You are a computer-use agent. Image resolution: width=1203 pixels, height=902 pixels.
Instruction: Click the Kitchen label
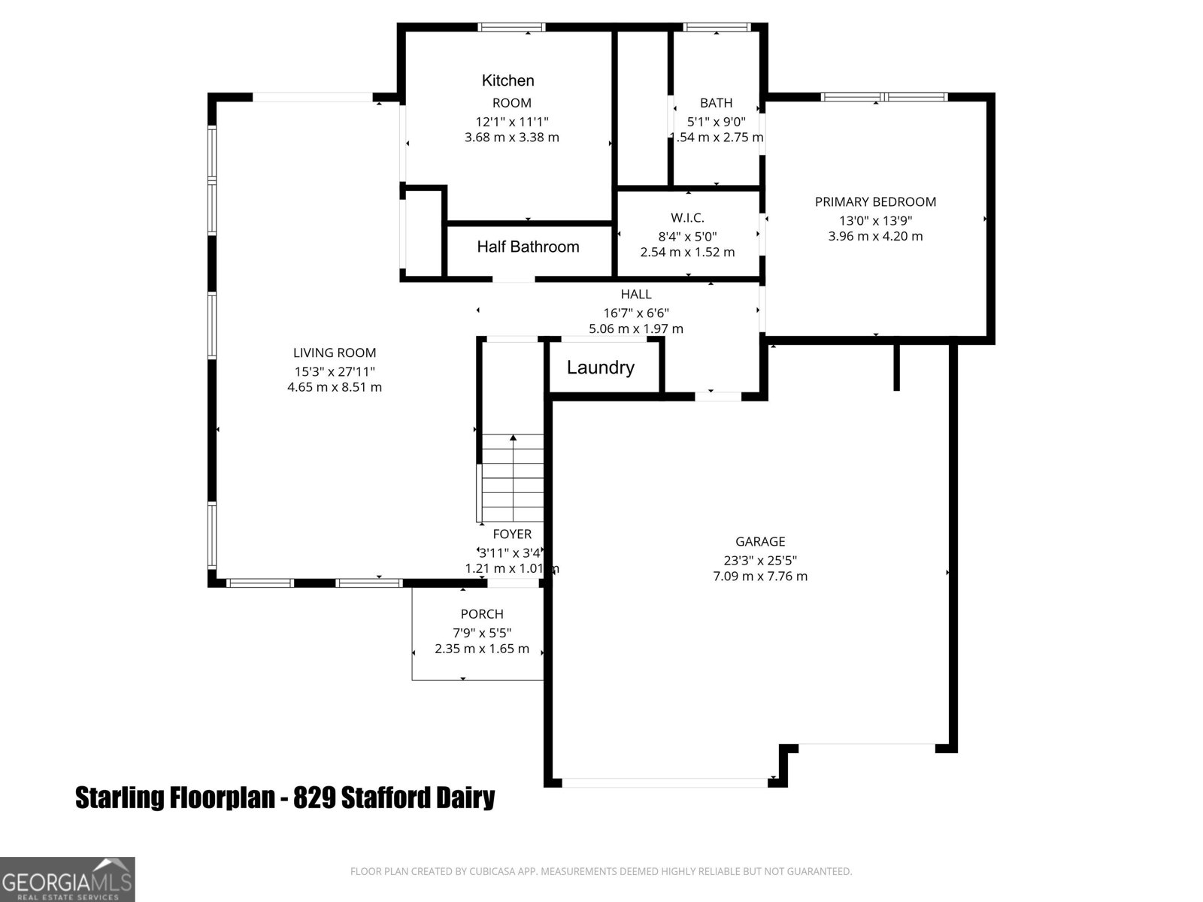(508, 80)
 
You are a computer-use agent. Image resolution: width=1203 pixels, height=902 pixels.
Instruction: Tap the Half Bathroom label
(528, 247)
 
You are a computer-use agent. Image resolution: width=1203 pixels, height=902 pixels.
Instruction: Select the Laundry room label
(600, 368)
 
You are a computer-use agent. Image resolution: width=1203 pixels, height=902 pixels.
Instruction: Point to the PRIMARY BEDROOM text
(875, 201)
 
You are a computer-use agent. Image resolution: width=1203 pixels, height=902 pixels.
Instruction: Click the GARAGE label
(760, 541)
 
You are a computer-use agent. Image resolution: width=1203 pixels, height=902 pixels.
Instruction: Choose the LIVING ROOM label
(335, 353)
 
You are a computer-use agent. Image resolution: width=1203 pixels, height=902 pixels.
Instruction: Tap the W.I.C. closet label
(687, 218)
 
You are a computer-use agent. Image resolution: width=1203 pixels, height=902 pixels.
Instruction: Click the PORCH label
(482, 614)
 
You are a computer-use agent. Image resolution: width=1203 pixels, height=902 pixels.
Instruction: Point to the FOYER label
(512, 534)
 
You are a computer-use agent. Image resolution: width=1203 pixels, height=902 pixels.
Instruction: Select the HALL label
(636, 294)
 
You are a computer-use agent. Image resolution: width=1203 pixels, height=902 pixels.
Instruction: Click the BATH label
(716, 103)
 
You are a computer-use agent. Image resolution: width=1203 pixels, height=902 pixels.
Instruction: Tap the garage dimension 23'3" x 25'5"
(760, 560)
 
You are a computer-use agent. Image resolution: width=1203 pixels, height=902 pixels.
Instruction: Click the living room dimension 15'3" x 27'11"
(335, 371)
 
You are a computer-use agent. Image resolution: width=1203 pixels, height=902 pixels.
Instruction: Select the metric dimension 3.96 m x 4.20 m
(875, 236)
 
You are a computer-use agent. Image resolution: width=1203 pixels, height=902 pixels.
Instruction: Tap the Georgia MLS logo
(67, 879)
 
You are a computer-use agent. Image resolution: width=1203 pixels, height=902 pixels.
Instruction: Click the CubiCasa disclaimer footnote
(601, 871)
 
